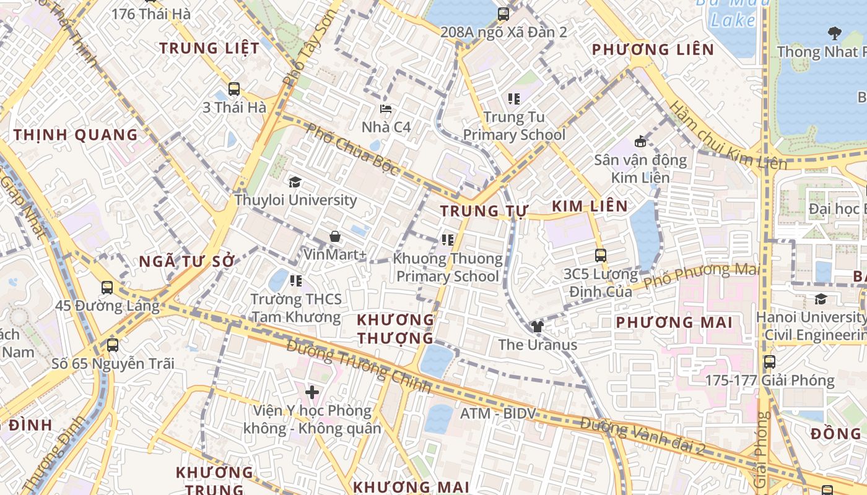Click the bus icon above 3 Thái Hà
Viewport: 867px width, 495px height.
pos(233,88)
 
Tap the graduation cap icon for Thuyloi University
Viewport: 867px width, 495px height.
pos(295,182)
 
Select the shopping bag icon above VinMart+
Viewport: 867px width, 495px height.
pos(334,236)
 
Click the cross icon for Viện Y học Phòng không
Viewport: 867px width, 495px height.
pos(312,392)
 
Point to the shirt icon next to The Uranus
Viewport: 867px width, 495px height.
pos(537,327)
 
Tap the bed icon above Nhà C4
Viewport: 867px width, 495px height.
pos(386,109)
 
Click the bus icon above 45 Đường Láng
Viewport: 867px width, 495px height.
pos(107,287)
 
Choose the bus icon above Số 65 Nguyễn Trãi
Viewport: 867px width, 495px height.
pos(112,345)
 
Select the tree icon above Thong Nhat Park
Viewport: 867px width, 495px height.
pos(834,33)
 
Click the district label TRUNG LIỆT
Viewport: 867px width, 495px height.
pos(209,48)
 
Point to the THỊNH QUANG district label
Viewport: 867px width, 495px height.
pos(76,134)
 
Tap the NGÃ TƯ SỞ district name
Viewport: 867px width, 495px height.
pos(187,261)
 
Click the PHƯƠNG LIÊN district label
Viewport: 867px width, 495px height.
pos(653,49)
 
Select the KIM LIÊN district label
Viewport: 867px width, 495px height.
pos(590,206)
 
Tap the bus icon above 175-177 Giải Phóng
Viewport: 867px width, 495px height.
pos(769,362)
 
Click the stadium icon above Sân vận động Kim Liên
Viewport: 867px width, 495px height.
pos(640,142)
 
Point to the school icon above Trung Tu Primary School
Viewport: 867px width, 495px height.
pos(513,98)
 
